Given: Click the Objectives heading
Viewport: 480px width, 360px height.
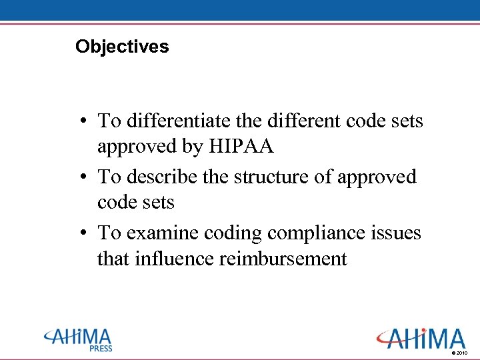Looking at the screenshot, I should coord(122,47).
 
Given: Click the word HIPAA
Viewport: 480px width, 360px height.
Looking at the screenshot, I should coord(242,147).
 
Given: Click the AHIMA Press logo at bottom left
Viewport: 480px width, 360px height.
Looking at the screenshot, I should coord(79,339).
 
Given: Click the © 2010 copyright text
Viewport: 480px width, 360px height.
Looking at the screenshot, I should coord(460,352).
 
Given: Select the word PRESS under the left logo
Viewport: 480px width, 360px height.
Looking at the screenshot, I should coord(101,348).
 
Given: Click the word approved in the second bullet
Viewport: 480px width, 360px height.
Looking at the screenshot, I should coord(377,177).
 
